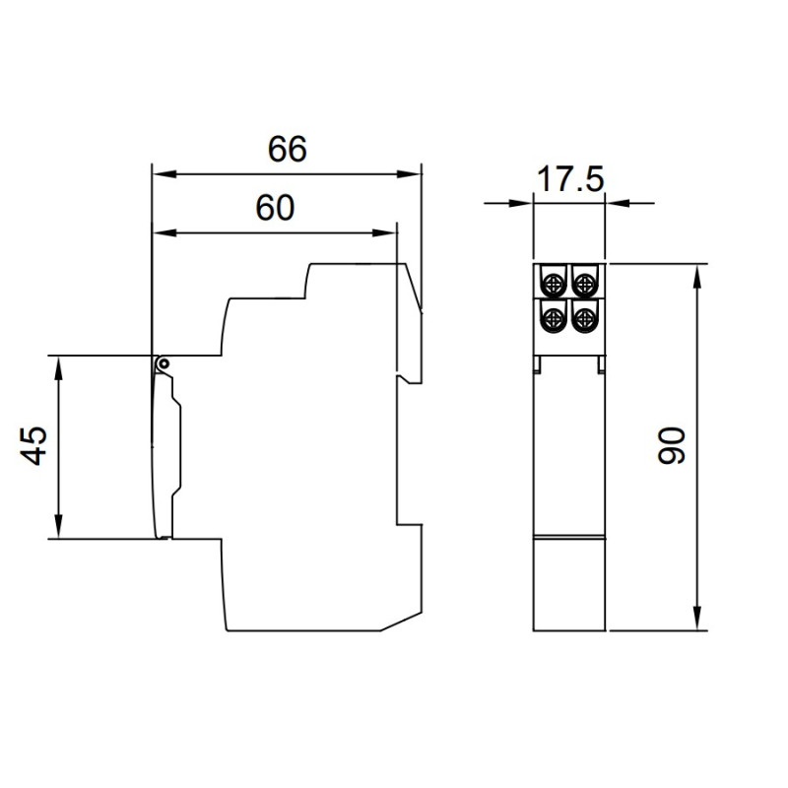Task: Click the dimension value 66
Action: click(x=287, y=149)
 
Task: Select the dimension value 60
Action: click(x=275, y=208)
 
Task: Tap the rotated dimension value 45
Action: click(x=33, y=446)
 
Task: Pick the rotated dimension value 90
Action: click(x=672, y=445)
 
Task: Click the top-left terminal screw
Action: click(x=554, y=285)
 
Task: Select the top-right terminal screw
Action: click(x=584, y=285)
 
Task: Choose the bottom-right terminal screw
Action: click(x=584, y=317)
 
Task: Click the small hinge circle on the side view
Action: click(x=163, y=363)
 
